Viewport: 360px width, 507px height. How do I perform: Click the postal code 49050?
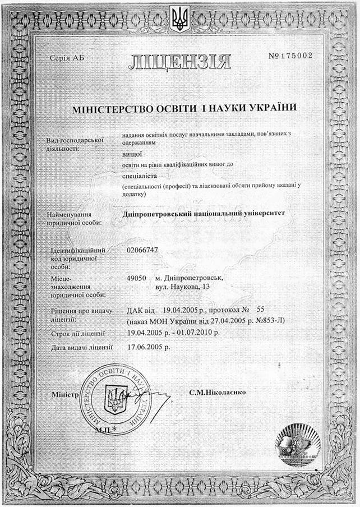tap(138, 278)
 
